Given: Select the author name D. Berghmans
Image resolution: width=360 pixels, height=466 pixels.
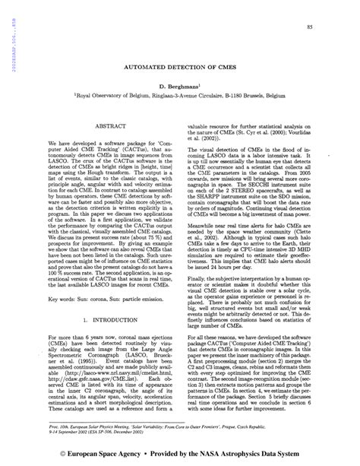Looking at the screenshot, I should (x=178, y=89).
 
